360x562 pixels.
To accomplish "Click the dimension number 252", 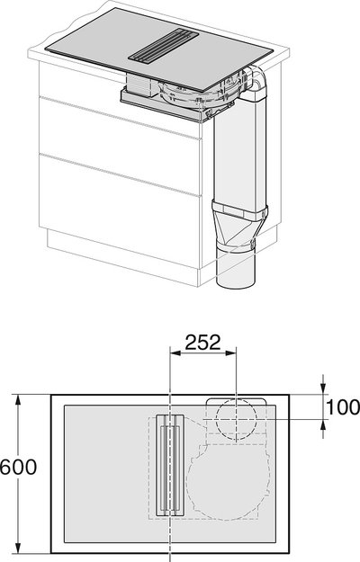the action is pos(202,343).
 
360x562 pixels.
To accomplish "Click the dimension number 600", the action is pos(18,467).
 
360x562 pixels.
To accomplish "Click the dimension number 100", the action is pos(343,406).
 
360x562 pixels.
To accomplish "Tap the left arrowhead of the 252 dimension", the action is pos(175,353).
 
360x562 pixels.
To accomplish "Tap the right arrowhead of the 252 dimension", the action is pos(231,353).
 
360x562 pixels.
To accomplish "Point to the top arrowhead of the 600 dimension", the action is pos(18,400).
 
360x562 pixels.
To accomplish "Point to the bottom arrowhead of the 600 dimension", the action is pos(18,548).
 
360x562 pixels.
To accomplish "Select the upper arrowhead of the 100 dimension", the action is pos(323,388).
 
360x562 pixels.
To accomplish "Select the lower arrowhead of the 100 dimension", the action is pos(323,424).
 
